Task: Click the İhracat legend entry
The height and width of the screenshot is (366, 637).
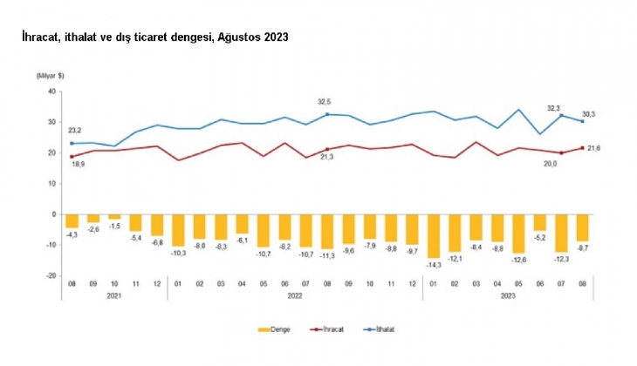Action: pyautogui.click(x=336, y=329)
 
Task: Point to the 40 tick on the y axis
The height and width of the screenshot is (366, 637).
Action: pyautogui.click(x=51, y=91)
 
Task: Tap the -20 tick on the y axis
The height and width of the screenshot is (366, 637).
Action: pyautogui.click(x=51, y=276)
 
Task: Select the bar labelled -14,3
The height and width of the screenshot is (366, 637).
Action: pyautogui.click(x=434, y=235)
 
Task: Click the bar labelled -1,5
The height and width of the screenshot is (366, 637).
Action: pyautogui.click(x=115, y=216)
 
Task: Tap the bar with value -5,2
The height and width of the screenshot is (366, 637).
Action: pyautogui.click(x=540, y=221)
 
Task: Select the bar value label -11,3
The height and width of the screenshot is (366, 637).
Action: pyautogui.click(x=327, y=257)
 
